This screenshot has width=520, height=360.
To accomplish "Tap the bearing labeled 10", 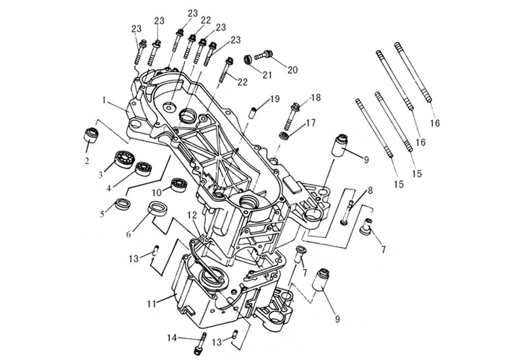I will click(177, 185).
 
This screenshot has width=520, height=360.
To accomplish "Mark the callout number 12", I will click(191, 215).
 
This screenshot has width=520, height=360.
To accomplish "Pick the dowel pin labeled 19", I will click(254, 111).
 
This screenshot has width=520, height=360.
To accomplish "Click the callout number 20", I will click(292, 70).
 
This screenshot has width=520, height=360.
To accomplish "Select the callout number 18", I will click(316, 98).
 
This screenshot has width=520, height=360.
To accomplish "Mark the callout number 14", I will click(171, 337).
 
